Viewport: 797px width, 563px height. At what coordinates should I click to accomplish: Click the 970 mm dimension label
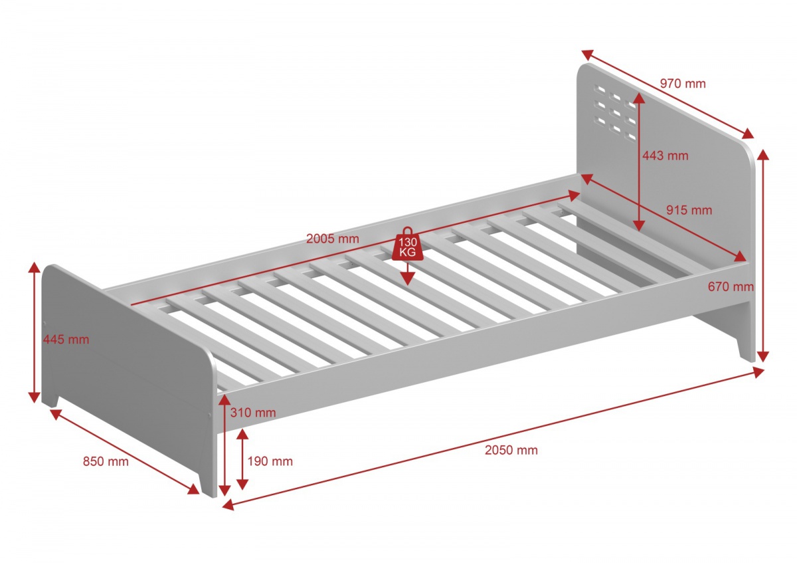683,84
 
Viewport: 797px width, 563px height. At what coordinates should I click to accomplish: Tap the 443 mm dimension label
665,156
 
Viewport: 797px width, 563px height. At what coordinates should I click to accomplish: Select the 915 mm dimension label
689,210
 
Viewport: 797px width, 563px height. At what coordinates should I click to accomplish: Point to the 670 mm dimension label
731,286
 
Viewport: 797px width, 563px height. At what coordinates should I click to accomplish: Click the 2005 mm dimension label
332,239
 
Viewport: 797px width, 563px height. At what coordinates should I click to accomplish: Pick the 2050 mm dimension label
511,450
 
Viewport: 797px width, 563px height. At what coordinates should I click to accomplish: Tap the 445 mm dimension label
66,340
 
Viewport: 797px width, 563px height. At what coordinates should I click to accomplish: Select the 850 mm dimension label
106,461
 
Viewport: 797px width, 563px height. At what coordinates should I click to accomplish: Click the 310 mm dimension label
252,412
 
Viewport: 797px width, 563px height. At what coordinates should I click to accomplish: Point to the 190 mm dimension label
270,461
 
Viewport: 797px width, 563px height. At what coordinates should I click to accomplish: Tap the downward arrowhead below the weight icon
407,278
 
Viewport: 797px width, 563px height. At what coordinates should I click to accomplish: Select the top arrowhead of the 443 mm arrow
639,98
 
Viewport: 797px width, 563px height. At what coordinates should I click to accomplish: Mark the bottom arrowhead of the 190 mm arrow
242,484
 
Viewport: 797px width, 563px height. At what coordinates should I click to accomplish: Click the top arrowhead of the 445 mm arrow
34,267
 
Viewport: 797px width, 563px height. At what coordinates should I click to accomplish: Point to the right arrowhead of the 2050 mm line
758,372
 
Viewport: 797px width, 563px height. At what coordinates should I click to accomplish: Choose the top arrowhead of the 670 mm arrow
763,156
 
